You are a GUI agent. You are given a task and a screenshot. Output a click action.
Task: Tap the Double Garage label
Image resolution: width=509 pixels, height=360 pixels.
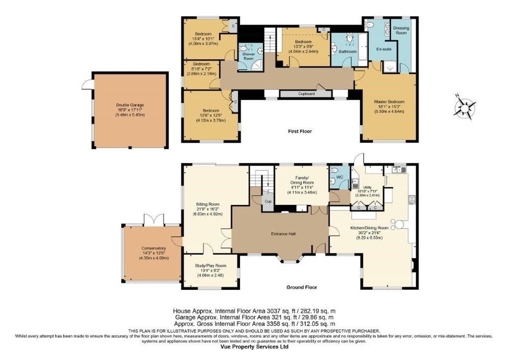pos(130,105)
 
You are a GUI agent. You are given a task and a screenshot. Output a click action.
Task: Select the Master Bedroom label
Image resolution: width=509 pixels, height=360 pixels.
pos(389,102)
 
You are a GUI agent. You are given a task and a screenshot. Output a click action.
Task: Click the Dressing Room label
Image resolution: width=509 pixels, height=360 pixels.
pos(401,31)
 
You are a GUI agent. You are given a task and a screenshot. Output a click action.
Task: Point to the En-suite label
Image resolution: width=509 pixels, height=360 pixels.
pos(383,49)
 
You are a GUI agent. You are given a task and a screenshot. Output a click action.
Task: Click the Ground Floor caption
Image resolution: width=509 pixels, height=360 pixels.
pos(301,287)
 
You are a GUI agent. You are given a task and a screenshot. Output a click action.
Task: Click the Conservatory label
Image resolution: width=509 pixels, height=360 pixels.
pos(153,248)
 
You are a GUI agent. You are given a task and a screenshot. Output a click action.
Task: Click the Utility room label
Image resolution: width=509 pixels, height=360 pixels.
pos(367,187)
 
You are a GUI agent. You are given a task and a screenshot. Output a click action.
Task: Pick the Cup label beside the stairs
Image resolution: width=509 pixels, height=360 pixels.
pos(267,201)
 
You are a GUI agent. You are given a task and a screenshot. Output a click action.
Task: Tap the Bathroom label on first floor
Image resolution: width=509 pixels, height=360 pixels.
pos(347,52)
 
